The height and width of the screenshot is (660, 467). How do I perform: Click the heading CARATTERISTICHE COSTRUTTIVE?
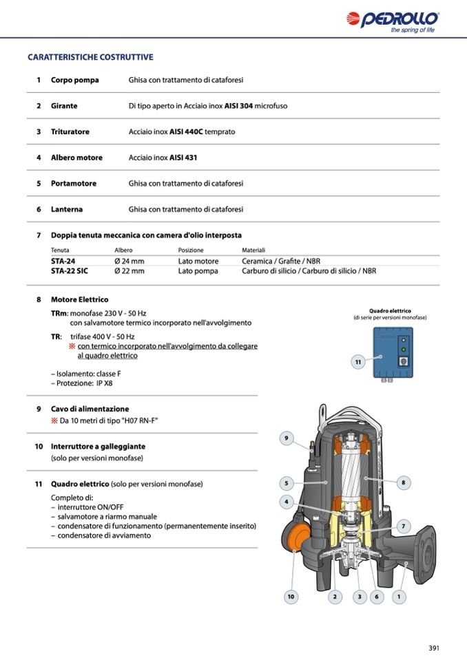90,57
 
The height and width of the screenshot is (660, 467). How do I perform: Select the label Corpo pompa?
74,80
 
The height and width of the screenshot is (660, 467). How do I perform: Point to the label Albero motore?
76,158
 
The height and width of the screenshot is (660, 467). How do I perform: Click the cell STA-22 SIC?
70,271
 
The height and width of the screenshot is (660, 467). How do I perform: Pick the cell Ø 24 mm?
129,262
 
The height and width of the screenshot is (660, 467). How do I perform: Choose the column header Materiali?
253,251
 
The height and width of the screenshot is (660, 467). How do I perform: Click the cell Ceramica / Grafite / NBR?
281,262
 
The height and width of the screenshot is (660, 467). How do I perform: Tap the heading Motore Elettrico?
79,300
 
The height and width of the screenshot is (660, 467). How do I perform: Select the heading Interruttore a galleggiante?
99,447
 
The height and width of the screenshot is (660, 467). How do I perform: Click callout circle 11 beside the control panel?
358,361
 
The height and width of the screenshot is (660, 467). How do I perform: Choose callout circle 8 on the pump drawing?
403,482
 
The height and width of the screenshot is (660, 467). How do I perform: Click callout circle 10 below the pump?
291,597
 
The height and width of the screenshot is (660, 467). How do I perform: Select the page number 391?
434,648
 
